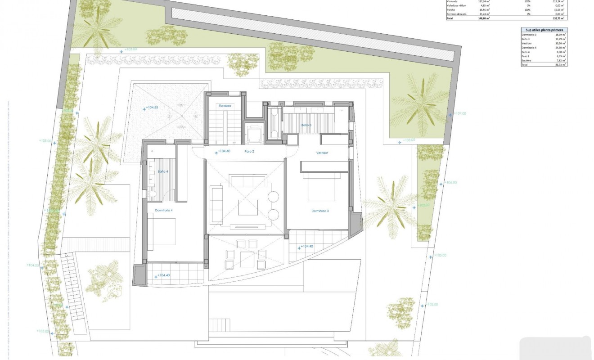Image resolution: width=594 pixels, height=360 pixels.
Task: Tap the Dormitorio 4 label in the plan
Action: [x=164, y=210]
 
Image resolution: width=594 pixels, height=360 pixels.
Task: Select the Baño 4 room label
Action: [x=163, y=171]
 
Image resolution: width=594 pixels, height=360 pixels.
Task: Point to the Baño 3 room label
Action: [x=306, y=125]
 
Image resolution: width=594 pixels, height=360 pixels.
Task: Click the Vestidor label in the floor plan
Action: [x=322, y=153]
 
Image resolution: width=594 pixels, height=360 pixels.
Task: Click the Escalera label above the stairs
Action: [x=225, y=106]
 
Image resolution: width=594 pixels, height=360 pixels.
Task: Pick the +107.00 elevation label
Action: [x=459, y=113]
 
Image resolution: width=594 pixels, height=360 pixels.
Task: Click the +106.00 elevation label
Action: [x=450, y=183]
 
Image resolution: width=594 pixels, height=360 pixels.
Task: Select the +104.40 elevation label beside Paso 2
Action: [x=224, y=151]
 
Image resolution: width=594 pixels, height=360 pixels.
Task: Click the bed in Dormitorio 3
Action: [x=322, y=189]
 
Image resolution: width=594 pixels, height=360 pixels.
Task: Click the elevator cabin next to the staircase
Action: [x=253, y=132]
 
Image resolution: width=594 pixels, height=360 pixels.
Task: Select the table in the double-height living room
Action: [x=247, y=207]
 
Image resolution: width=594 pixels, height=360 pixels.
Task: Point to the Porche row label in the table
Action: [x=450, y=9]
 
